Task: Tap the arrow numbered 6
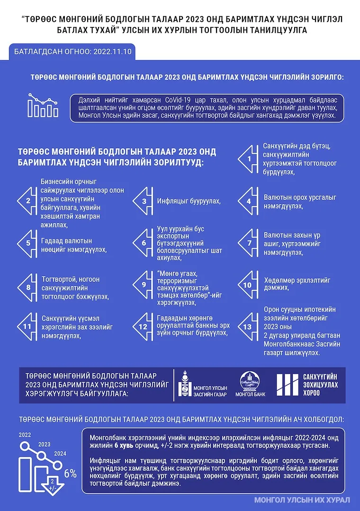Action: click(143, 242)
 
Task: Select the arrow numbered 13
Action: click(248, 326)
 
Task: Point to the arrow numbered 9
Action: click(143, 284)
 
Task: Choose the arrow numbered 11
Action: click(27, 326)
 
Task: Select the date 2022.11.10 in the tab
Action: click(113, 51)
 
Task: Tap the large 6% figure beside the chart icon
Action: click(70, 473)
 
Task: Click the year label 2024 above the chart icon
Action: click(60, 453)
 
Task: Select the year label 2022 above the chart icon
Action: click(25, 435)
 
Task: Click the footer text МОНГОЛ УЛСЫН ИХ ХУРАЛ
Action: click(302, 500)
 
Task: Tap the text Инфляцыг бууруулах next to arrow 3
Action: click(189, 201)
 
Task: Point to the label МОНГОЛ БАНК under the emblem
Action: click(250, 394)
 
